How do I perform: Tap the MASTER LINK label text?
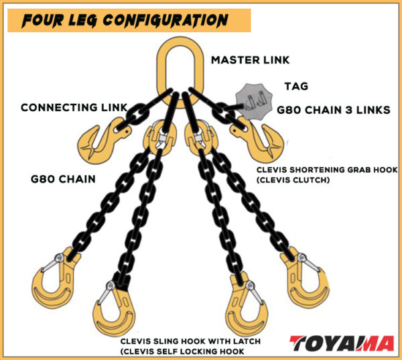click(250, 60)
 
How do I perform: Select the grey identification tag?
click(254, 101)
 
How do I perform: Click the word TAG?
click(296, 86)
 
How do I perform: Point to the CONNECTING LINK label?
click(74, 107)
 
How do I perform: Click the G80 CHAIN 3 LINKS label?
click(334, 110)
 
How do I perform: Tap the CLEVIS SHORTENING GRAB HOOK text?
click(327, 170)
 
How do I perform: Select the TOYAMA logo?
click(342, 343)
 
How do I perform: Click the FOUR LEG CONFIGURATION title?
click(125, 21)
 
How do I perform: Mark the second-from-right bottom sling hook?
click(247, 305)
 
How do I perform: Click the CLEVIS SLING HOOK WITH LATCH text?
click(190, 341)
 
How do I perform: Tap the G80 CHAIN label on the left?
click(63, 179)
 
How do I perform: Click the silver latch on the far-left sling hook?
click(52, 263)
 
